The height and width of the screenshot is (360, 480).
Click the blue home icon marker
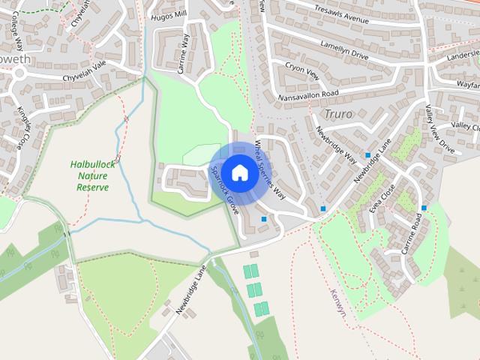point(239,172)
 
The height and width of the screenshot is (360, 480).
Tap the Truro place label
point(338,114)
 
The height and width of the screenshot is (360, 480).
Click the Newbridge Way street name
point(336,142)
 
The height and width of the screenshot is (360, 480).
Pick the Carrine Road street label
point(412,233)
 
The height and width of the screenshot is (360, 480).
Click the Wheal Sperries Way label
point(271,169)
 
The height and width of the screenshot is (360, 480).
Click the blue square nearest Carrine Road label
point(424,208)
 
